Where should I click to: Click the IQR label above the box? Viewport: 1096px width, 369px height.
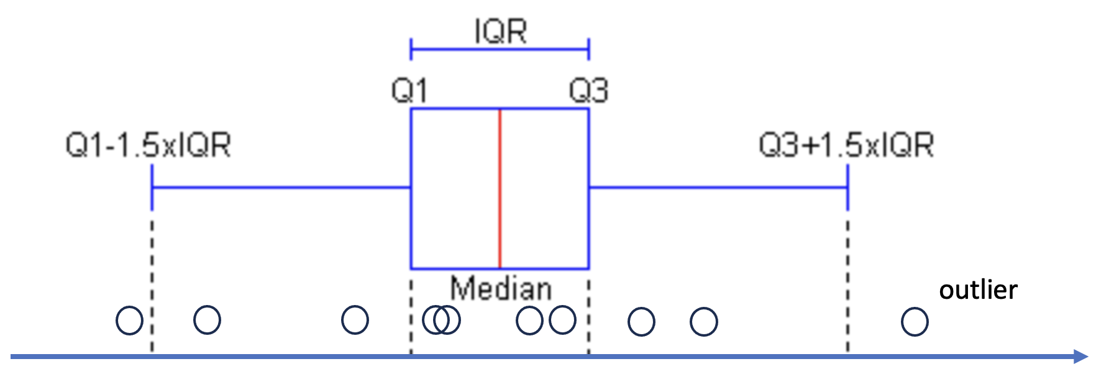click(x=501, y=31)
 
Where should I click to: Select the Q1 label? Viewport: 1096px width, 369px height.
click(x=409, y=91)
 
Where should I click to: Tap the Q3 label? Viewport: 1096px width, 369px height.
click(x=588, y=91)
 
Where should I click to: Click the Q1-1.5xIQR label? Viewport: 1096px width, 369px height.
click(x=148, y=145)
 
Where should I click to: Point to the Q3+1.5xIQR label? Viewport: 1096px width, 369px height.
click(x=846, y=145)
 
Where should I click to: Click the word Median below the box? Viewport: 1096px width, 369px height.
click(x=501, y=289)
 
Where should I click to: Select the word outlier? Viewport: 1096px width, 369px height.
click(x=978, y=290)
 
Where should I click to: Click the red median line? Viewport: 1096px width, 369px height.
click(x=500, y=189)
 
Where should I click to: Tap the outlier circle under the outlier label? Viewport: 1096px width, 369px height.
click(x=915, y=322)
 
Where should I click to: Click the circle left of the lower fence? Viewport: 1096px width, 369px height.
click(x=129, y=321)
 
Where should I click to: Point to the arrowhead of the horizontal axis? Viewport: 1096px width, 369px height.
click(x=1081, y=357)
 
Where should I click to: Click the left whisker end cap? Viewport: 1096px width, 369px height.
click(x=152, y=186)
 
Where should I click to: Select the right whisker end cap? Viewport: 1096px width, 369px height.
click(x=847, y=186)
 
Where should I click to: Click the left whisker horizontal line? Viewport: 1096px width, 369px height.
click(x=281, y=186)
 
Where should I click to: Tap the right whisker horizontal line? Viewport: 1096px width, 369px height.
click(x=718, y=186)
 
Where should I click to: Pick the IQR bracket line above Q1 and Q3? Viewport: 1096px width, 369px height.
click(x=500, y=49)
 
